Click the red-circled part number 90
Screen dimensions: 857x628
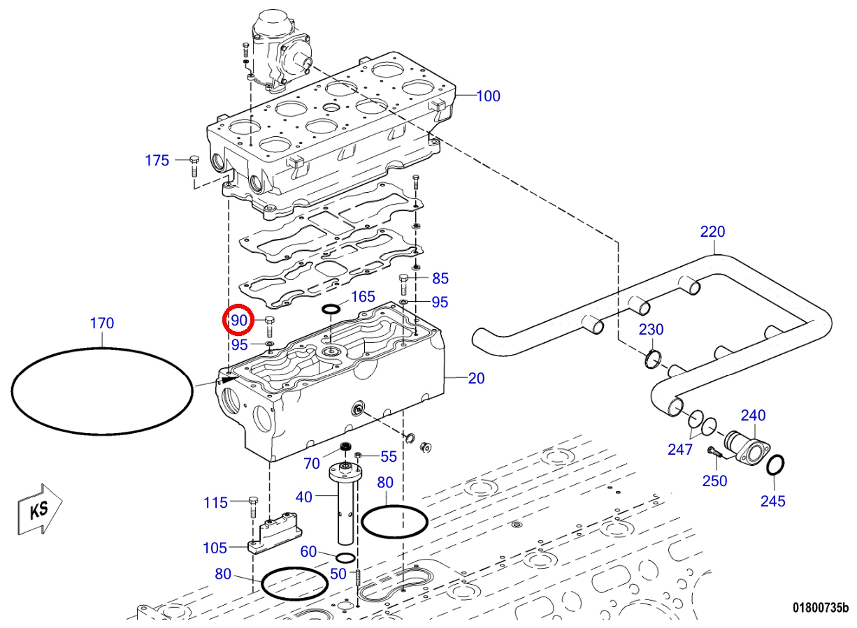pyautogui.click(x=239, y=320)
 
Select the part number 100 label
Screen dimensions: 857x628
pyautogui.click(x=488, y=96)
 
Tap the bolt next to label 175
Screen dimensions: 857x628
pyautogui.click(x=194, y=166)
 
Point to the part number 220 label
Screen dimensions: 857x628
pyautogui.click(x=712, y=232)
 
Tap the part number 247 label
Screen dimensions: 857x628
pyautogui.click(x=680, y=449)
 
